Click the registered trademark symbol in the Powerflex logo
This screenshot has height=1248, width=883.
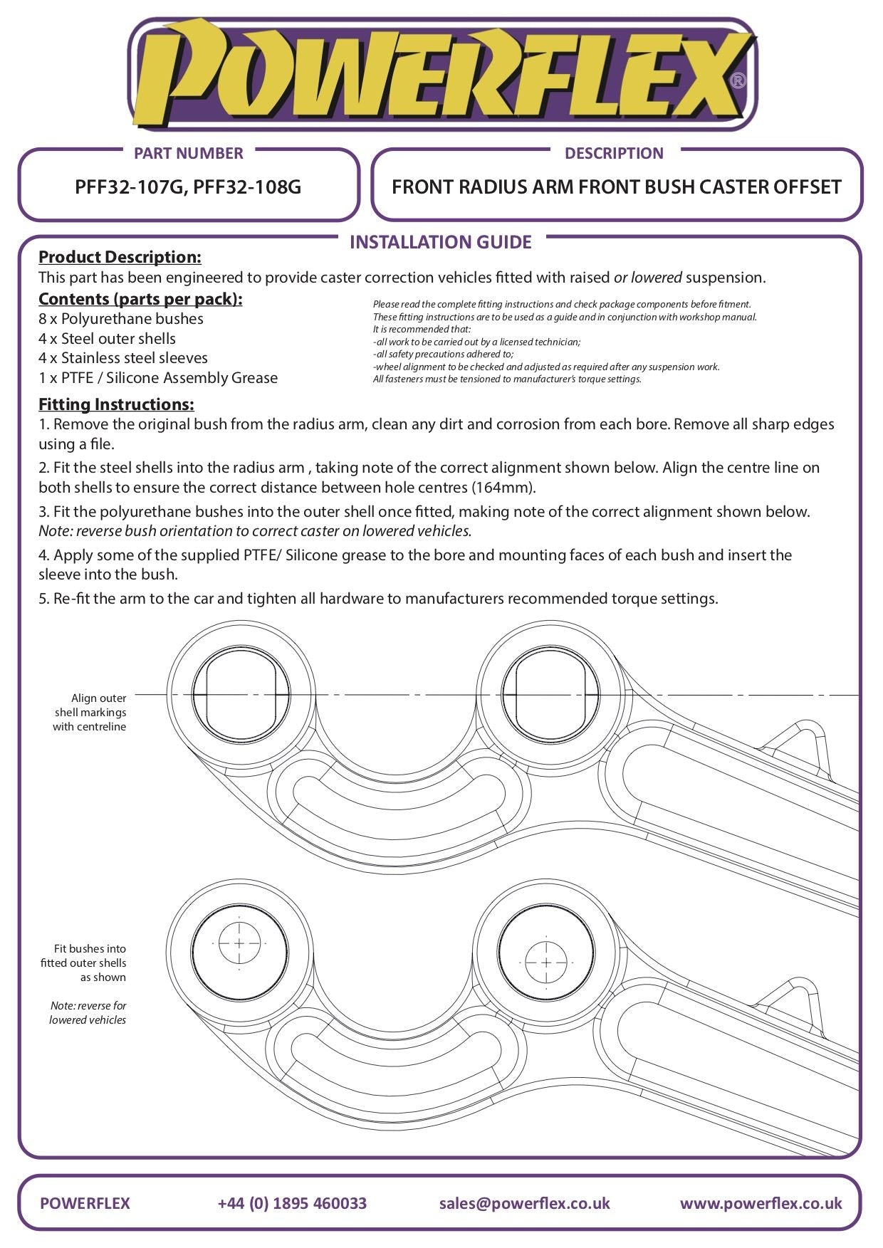[x=738, y=80]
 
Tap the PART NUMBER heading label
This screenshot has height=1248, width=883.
[x=188, y=153]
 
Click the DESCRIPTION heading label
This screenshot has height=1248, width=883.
[x=613, y=153]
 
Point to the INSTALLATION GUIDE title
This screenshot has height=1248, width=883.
[x=441, y=242]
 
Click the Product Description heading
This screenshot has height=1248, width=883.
[x=120, y=257]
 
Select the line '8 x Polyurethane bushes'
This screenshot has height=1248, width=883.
[x=121, y=319]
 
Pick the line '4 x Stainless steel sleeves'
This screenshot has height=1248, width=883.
[x=123, y=358]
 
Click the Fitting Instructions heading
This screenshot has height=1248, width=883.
[x=116, y=404]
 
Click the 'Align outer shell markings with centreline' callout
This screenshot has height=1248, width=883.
[x=90, y=712]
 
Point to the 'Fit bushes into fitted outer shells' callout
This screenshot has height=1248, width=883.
[x=84, y=963]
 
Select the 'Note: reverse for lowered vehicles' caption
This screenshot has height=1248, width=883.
[x=88, y=1012]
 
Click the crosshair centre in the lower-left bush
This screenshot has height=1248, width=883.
[x=239, y=943]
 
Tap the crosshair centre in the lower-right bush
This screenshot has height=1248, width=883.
[x=546, y=962]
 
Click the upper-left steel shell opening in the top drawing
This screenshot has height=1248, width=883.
[x=240, y=694]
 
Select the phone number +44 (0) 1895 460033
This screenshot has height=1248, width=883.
[x=292, y=1203]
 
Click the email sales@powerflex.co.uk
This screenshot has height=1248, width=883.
[x=524, y=1203]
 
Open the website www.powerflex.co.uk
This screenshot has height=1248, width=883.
[x=761, y=1203]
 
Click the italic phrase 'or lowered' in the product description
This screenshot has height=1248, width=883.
[x=647, y=278]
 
